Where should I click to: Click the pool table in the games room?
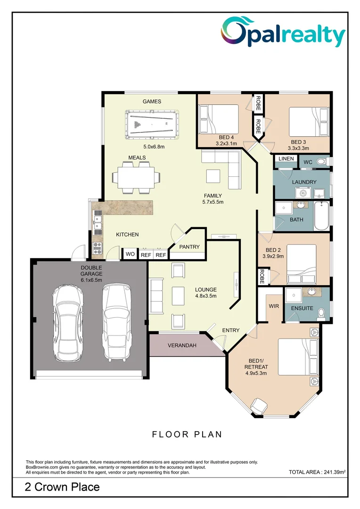point(152,124)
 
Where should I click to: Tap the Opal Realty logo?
point(283,33)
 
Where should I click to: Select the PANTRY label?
point(189,247)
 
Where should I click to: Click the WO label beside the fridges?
point(130,254)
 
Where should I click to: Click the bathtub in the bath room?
point(321,216)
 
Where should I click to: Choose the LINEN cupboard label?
point(286,159)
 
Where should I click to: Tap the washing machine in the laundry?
point(303,193)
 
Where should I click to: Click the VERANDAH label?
point(182,345)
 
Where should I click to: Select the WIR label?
point(274,306)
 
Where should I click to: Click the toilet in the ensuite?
point(321,313)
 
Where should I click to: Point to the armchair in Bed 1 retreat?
point(259,406)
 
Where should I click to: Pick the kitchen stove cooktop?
point(97,248)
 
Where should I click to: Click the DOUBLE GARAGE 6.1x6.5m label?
point(91,274)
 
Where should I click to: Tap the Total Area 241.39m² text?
point(317,472)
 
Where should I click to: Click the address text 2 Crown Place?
point(62,487)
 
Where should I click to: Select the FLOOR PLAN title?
point(187,435)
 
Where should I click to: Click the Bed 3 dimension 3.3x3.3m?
point(298,148)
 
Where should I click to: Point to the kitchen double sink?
point(97,222)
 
